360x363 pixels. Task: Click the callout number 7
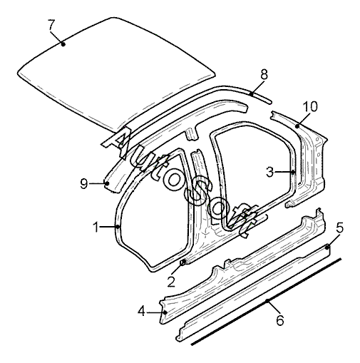[51, 25]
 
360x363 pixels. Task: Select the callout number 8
[264, 74]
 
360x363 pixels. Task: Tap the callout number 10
[310, 106]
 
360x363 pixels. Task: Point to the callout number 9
[83, 183]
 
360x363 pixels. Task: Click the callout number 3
[269, 172]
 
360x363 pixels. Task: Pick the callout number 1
[96, 227]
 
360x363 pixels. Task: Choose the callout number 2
[171, 282]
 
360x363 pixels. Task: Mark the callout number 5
[340, 228]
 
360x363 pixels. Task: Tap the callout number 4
[141, 311]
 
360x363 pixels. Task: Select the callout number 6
[280, 320]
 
